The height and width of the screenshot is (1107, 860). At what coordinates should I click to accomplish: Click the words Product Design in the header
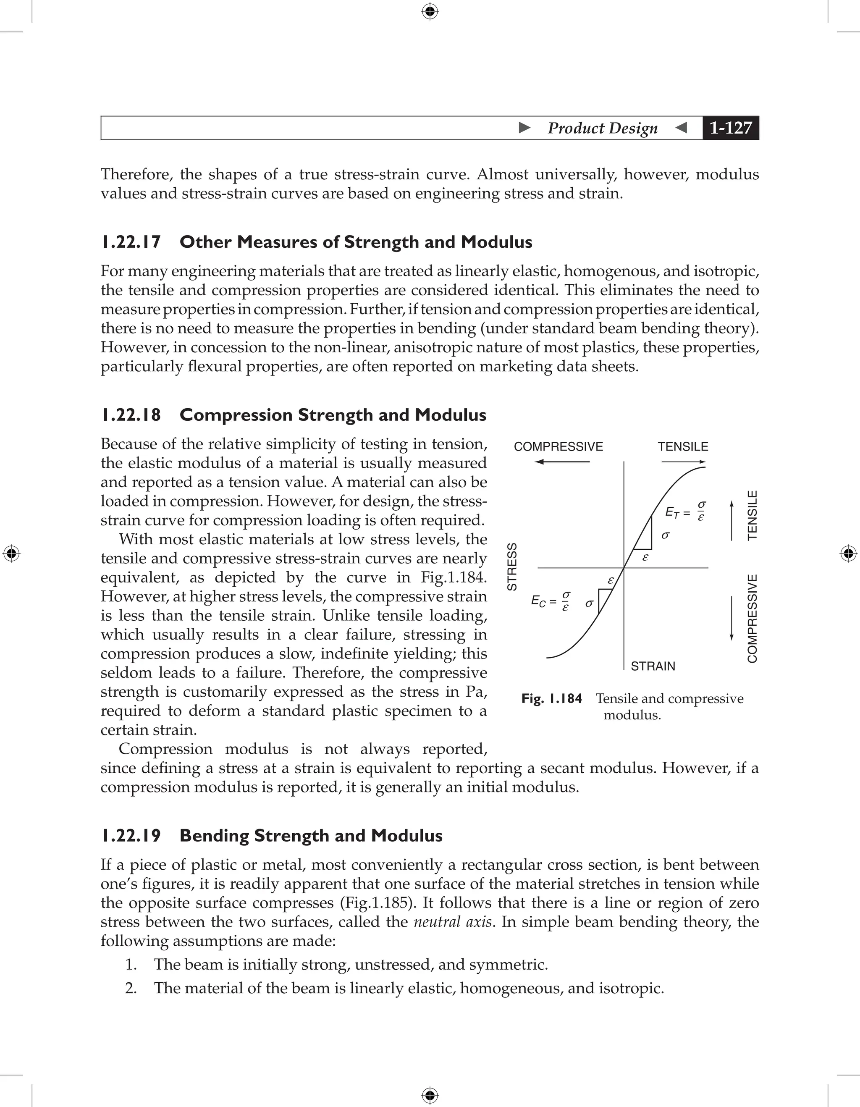point(602,128)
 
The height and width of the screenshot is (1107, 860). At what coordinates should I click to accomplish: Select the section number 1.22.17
point(131,242)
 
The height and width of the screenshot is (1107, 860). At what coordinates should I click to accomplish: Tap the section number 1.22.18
point(131,414)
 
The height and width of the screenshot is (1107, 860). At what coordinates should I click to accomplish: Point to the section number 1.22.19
point(131,835)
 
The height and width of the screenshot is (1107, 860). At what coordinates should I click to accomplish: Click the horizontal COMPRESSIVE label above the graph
point(558,446)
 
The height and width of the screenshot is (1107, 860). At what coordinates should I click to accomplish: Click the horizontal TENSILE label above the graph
point(683,446)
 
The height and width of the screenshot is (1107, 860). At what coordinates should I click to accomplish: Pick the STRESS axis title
point(512,566)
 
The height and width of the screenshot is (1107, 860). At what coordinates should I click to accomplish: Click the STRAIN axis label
point(653,666)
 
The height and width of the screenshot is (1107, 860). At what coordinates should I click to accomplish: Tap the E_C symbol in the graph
point(538,601)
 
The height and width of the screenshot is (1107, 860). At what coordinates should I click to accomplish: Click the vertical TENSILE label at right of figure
point(752,515)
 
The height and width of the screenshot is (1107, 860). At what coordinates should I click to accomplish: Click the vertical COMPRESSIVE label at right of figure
point(752,618)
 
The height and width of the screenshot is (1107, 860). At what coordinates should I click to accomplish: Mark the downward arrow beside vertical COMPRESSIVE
point(731,618)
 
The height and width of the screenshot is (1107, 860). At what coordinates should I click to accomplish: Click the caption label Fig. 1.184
point(551,698)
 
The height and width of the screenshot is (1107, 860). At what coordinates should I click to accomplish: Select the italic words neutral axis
point(453,921)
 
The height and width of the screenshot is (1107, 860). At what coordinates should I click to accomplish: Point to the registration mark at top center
point(430,11)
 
